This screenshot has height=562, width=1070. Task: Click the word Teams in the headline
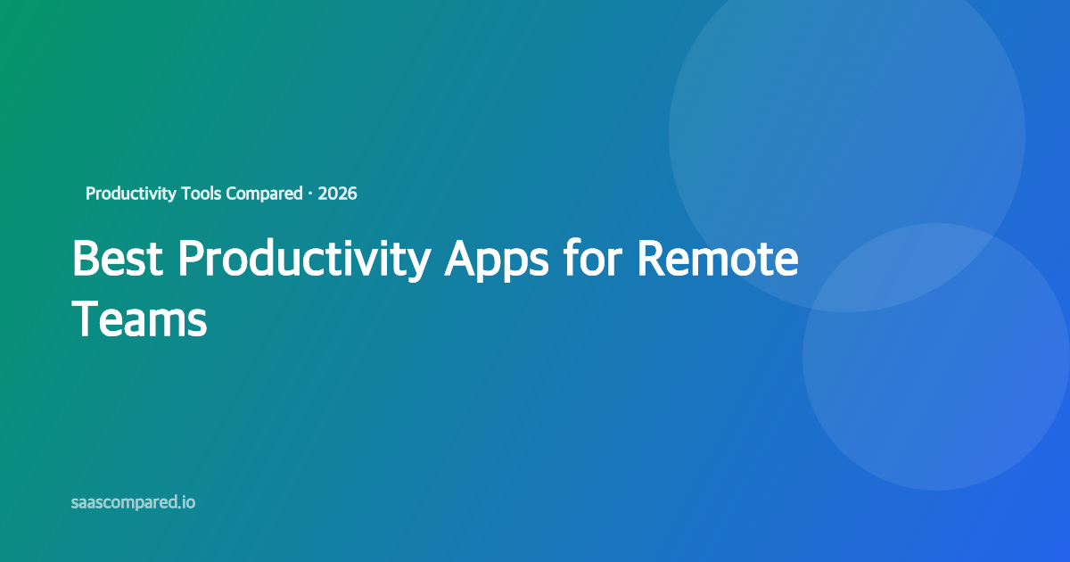tap(139, 318)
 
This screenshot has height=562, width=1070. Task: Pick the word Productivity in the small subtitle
tap(130, 194)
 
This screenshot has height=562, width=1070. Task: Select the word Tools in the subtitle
tap(201, 194)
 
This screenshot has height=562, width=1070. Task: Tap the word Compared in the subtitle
tap(264, 194)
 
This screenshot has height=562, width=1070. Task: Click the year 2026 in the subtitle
tap(337, 194)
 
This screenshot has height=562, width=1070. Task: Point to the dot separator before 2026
tap(309, 194)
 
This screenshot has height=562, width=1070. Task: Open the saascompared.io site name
tap(133, 503)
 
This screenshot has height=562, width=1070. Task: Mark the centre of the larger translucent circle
tap(847, 134)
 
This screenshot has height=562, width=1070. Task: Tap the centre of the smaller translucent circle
tap(936, 357)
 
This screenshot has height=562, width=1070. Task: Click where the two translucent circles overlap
tap(892, 268)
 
